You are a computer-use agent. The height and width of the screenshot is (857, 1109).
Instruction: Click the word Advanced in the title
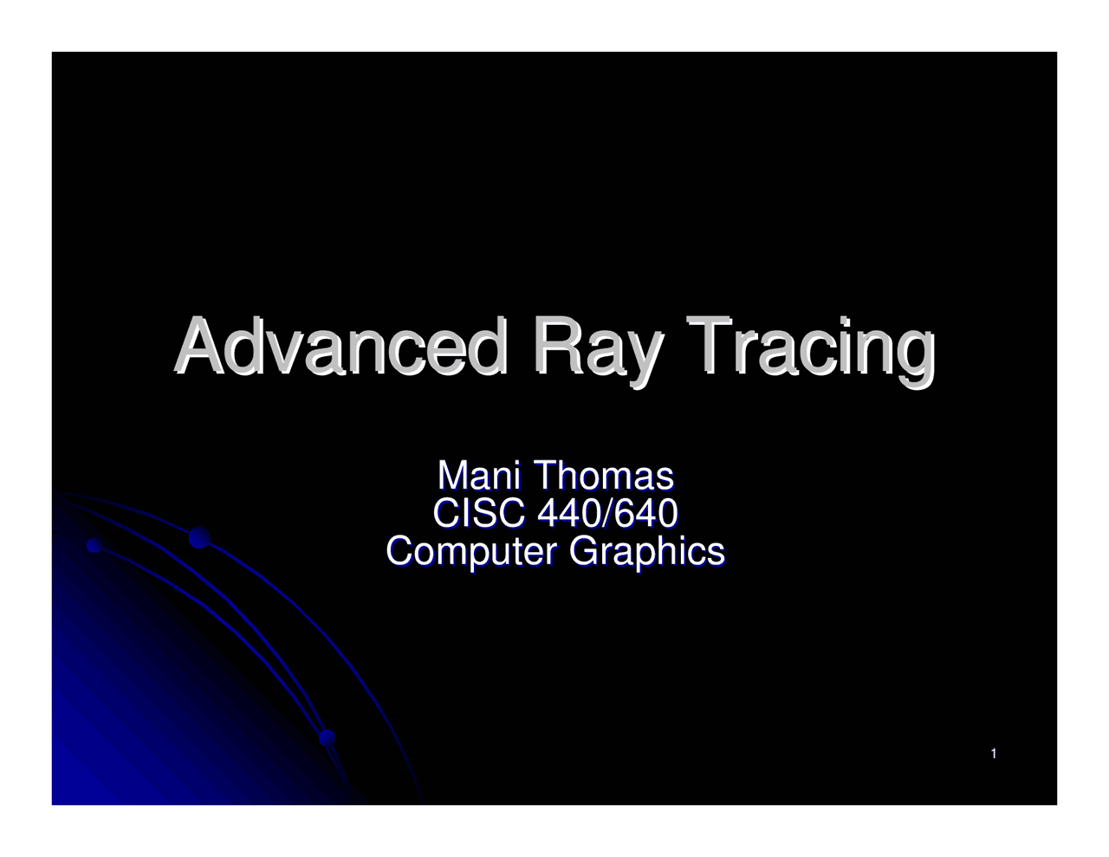[x=340, y=347]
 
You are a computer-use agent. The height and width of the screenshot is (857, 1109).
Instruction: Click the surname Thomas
[x=603, y=476]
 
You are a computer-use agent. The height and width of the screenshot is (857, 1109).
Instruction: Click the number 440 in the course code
[x=570, y=513]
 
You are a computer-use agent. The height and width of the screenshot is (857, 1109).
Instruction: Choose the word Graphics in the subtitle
[x=646, y=552]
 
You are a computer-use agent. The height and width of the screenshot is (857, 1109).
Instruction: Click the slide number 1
[x=994, y=754]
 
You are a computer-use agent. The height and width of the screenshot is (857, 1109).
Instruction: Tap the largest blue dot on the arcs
[x=200, y=538]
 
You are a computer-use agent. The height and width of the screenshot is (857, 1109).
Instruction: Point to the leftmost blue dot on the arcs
[x=94, y=545]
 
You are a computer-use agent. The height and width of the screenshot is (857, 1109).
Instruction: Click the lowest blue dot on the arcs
[x=327, y=738]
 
